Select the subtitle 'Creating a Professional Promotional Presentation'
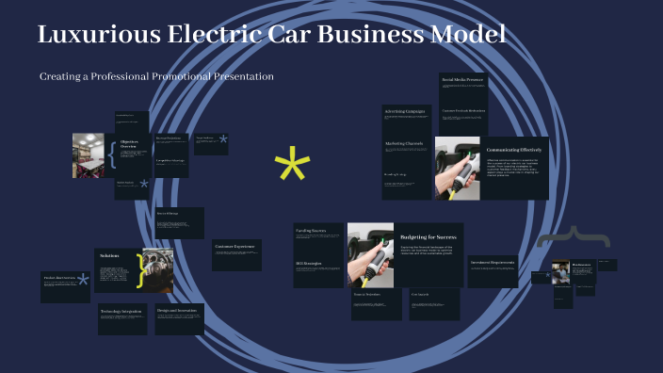156,76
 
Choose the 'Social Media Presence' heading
462,80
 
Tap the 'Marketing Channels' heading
404,143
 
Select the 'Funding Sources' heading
311,230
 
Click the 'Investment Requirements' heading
493,262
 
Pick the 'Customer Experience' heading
235,247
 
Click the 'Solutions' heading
109,255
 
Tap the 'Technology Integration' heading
121,311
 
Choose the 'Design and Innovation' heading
177,310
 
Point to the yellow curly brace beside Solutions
141,270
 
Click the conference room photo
89,154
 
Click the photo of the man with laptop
559,272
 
